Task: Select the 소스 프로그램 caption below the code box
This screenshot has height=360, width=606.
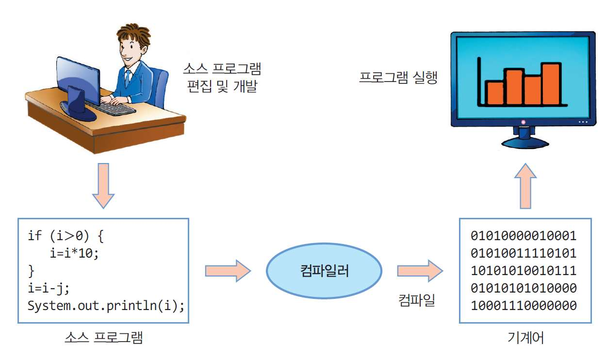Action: [103, 337]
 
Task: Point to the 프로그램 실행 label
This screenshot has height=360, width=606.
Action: [398, 78]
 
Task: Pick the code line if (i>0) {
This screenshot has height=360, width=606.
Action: [66, 236]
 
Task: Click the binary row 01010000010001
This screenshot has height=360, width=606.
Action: [524, 236]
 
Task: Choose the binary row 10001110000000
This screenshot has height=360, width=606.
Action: [524, 306]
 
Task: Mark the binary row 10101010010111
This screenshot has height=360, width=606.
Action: [524, 271]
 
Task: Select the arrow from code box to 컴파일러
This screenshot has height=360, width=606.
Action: [227, 270]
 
